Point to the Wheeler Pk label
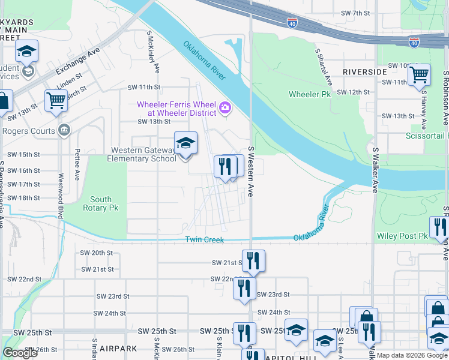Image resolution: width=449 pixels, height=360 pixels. point(310,94)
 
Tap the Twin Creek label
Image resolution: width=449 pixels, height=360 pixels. point(204,239)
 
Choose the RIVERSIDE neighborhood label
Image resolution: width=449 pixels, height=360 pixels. point(364,71)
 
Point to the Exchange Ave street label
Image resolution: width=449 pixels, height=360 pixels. point(77,62)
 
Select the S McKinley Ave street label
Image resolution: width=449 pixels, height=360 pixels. point(152,52)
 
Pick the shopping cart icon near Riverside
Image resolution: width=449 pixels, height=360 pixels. point(419,75)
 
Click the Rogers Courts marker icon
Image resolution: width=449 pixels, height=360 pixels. point(64,131)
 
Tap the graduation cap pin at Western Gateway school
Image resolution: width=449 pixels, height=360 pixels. point(186,143)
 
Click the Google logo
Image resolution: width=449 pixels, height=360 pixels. point(20,353)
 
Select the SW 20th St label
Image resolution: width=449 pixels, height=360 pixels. point(96,253)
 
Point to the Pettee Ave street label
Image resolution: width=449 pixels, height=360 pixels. point(77,165)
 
